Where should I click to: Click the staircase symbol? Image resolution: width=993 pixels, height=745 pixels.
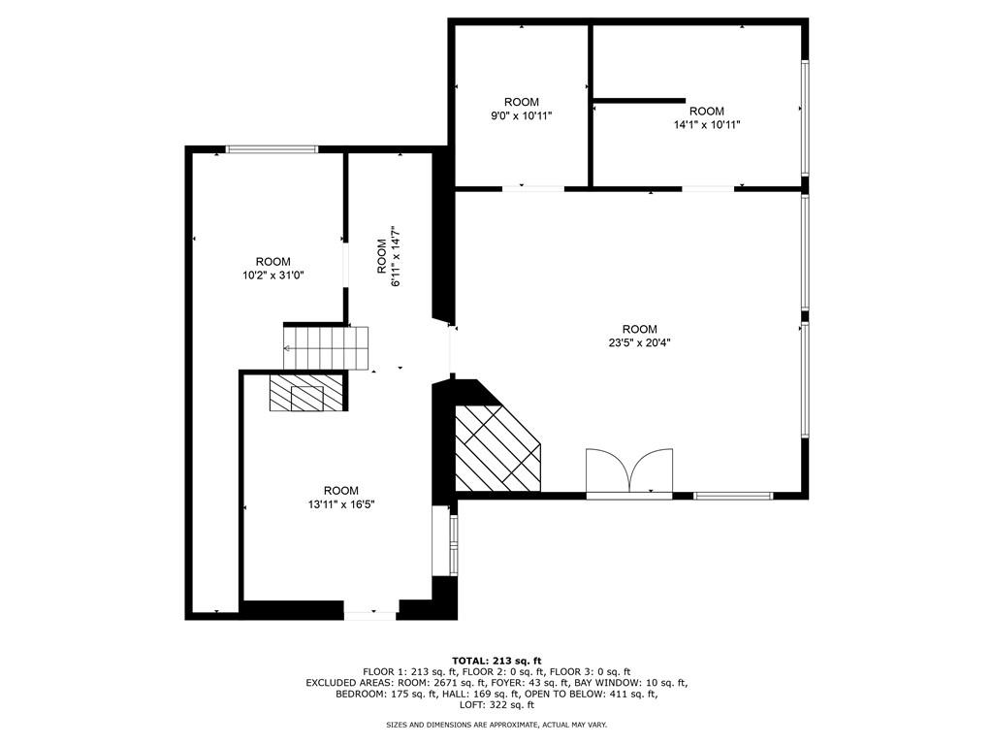tap(327, 347)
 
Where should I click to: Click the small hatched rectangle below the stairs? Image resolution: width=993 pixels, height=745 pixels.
tap(306, 394)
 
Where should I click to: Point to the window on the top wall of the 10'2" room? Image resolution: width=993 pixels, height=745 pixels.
tap(272, 149)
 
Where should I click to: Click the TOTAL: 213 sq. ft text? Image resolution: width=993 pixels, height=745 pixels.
tap(496, 661)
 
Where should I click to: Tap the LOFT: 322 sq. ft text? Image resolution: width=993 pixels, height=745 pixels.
tap(496, 705)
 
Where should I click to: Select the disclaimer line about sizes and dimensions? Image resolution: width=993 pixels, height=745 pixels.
tap(496, 725)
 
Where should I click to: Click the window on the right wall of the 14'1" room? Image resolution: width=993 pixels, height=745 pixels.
tap(804, 117)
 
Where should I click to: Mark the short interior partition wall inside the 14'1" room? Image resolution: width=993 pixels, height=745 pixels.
tap(639, 100)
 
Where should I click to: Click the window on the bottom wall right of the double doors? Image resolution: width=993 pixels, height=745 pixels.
tap(733, 496)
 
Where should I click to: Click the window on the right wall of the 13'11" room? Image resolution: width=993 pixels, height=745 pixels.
tap(452, 545)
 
